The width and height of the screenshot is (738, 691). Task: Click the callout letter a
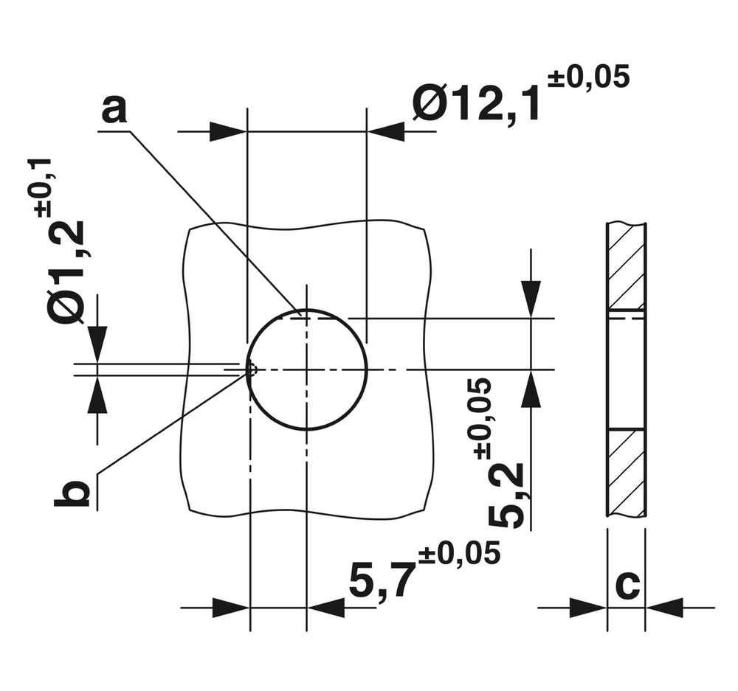(x=114, y=111)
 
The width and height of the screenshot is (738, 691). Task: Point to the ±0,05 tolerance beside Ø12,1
(x=589, y=77)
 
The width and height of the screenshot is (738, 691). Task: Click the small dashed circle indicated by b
(x=252, y=369)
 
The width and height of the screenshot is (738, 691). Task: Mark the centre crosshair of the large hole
(x=306, y=369)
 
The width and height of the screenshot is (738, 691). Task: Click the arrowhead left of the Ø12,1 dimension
(x=228, y=132)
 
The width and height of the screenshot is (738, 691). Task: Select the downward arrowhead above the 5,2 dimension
(x=530, y=299)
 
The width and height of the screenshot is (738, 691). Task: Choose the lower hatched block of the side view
(x=627, y=473)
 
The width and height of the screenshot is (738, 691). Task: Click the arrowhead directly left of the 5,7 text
(x=325, y=608)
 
